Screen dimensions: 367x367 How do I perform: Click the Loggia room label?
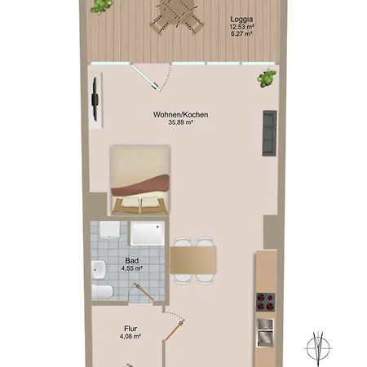coord(241,20)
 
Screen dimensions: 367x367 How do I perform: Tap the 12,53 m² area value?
coord(241,27)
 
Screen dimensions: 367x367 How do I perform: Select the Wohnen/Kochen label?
coord(181,115)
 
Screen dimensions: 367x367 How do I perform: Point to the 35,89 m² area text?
coord(181,122)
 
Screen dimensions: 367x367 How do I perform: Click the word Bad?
coord(132,261)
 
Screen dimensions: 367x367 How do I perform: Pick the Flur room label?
coord(130,329)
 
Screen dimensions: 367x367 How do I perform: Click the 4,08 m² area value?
coord(130,337)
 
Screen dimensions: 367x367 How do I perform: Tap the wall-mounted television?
coord(95,99)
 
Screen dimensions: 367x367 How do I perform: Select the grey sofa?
coord(269,133)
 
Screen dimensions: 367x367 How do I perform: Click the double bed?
coord(140,179)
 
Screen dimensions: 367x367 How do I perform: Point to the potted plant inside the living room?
coord(267,78)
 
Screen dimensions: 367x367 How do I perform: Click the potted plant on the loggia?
coord(101,7)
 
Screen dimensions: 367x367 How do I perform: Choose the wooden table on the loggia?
coord(177,14)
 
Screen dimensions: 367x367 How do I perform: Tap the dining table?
coord(193,261)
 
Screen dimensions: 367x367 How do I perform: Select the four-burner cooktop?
coord(266,302)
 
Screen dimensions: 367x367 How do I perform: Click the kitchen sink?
coord(265,333)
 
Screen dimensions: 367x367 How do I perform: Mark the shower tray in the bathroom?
coord(148,233)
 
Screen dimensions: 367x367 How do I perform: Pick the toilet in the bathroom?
coord(103,292)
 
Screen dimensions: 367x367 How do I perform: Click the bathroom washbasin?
coord(98,269)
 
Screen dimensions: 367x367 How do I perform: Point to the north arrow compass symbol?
coord(318,348)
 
